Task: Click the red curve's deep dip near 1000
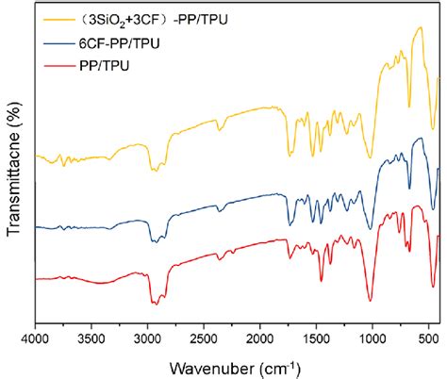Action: coord(371,300)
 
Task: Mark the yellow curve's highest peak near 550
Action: coord(420,28)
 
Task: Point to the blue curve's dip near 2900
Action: coord(152,242)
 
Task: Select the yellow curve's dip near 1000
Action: coord(371,157)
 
